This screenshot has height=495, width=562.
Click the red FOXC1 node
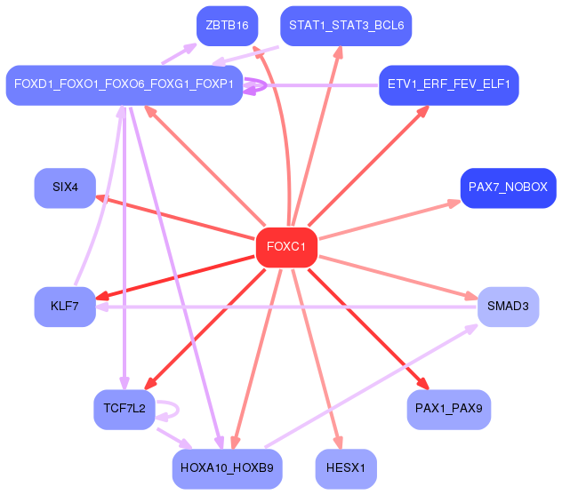[x=286, y=247]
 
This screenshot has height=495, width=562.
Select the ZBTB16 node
[x=228, y=26]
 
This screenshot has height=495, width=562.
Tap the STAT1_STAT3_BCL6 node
[x=346, y=26]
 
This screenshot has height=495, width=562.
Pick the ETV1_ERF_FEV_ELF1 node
[x=449, y=85]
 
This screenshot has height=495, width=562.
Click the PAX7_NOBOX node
[x=509, y=188]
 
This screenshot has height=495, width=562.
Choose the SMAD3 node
[x=509, y=307]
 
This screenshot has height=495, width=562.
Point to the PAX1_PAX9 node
[x=449, y=410]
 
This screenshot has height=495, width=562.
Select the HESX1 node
[x=346, y=469]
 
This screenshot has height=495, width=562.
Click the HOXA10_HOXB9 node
[x=228, y=469]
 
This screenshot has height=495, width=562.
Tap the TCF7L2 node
[x=124, y=410]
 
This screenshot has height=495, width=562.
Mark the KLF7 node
[x=65, y=307]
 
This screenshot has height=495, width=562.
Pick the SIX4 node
[x=65, y=188]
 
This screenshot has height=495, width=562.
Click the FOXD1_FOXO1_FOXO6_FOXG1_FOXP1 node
[x=124, y=85]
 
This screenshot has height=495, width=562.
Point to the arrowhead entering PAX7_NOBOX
[x=454, y=204]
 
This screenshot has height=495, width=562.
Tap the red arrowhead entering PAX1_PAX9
[x=423, y=384]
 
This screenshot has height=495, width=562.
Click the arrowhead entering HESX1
[x=338, y=443]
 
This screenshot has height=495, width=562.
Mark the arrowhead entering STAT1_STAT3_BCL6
[x=339, y=52]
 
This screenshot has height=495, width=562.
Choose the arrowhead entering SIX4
[x=101, y=198]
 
